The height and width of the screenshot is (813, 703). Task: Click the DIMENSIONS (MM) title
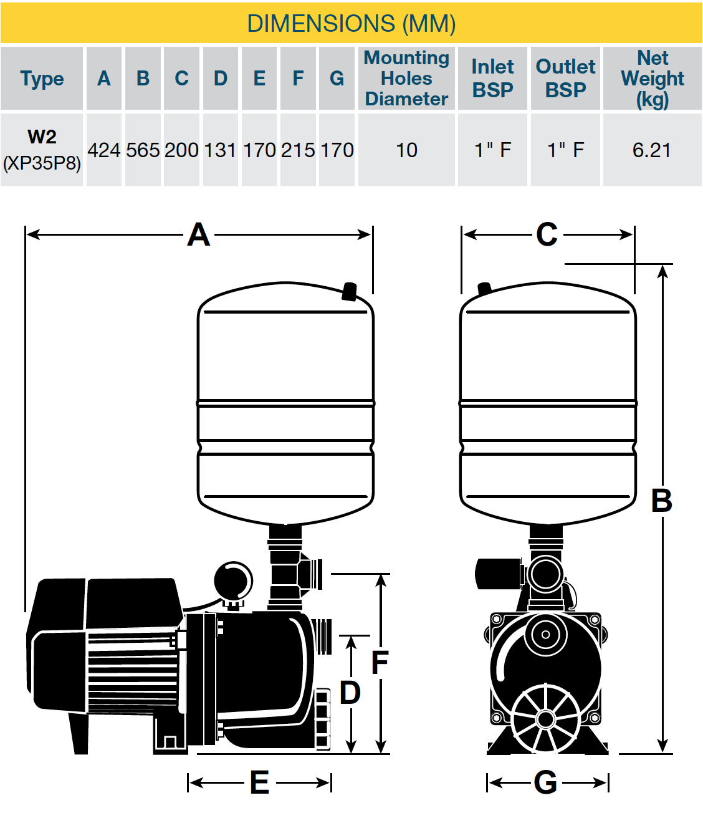click(351, 24)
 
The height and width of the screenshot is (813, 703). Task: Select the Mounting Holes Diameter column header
click(406, 79)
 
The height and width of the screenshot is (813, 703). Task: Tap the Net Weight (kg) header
click(652, 79)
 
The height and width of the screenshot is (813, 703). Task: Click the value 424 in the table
click(103, 150)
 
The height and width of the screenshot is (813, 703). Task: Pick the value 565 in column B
click(143, 150)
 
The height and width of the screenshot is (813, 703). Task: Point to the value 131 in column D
click(220, 150)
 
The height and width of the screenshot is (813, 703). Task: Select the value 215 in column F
click(298, 150)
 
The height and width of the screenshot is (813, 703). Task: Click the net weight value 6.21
click(651, 150)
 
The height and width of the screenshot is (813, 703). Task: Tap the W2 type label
click(42, 137)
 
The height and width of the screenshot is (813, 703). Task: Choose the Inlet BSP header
click(492, 79)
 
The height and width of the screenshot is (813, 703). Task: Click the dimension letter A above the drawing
click(198, 235)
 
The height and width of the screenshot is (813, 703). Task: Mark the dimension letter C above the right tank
click(547, 235)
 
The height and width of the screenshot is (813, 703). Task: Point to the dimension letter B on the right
click(661, 501)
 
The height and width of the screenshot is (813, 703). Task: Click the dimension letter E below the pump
click(259, 782)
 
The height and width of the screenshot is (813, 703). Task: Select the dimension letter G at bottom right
click(545, 782)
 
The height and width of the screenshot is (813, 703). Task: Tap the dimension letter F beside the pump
click(380, 663)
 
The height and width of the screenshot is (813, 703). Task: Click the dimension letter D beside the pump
click(350, 693)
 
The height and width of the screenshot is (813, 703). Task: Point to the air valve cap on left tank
click(350, 291)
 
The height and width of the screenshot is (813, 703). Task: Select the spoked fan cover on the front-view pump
click(546, 719)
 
